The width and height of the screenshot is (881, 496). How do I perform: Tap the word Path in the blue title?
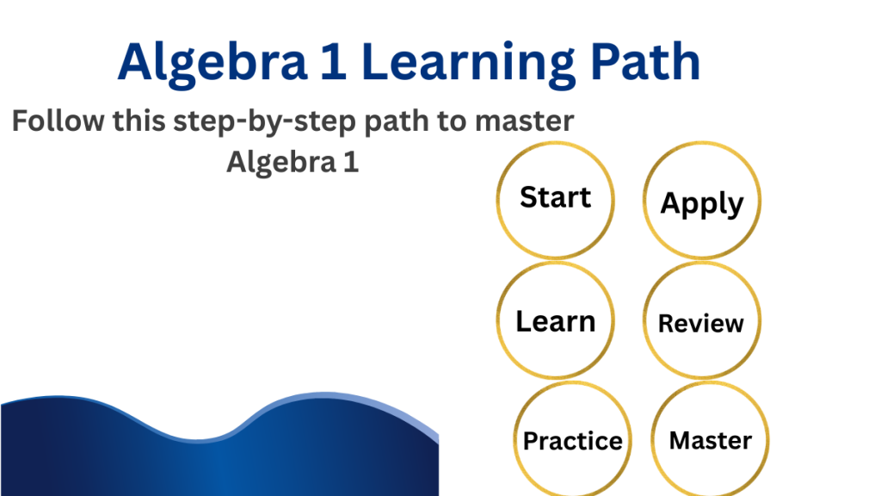pyautogui.click(x=645, y=62)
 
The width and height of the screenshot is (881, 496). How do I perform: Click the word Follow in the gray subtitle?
pyautogui.click(x=58, y=121)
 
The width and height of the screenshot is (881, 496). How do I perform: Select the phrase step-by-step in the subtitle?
pyautogui.click(x=264, y=122)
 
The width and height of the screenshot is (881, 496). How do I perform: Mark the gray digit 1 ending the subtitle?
pyautogui.click(x=351, y=162)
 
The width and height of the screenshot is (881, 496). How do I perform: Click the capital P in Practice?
pyautogui.click(x=531, y=441)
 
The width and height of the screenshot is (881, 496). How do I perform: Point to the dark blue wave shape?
pyautogui.click(x=219, y=462)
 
